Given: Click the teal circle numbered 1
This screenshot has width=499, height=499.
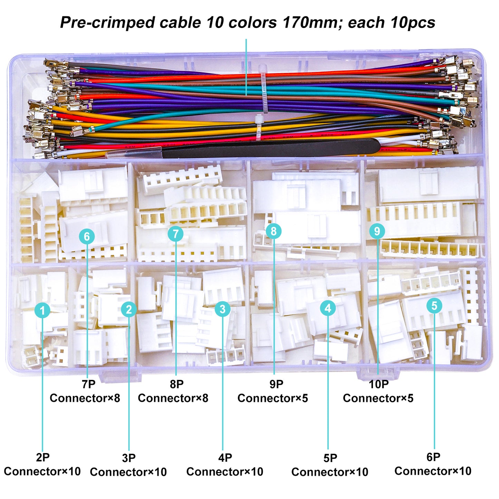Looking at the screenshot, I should (x=42, y=310).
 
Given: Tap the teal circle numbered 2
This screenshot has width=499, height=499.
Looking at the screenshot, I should (x=129, y=309).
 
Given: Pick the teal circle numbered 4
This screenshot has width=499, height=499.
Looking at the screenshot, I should (x=328, y=308).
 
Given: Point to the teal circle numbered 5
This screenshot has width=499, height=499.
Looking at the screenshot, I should (x=434, y=306).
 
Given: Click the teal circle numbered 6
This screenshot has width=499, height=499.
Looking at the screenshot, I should (x=87, y=237).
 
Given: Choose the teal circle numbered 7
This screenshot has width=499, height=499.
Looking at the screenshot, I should (x=176, y=234).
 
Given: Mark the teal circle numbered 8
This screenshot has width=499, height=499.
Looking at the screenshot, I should (x=274, y=231).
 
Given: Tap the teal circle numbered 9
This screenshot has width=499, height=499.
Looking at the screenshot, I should (x=377, y=231).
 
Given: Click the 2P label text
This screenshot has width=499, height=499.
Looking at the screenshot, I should (x=42, y=457).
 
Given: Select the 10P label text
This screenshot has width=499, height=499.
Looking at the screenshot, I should (x=378, y=384).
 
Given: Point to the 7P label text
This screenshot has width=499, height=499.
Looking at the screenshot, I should (x=88, y=384).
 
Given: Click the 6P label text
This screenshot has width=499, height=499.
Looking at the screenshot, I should (x=433, y=457).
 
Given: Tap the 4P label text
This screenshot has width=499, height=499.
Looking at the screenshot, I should (x=225, y=458).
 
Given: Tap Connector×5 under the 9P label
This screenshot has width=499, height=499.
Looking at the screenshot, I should (x=272, y=398).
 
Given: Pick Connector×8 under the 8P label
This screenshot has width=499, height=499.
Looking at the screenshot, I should (x=173, y=398).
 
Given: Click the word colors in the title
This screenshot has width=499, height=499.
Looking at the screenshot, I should (x=252, y=23).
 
